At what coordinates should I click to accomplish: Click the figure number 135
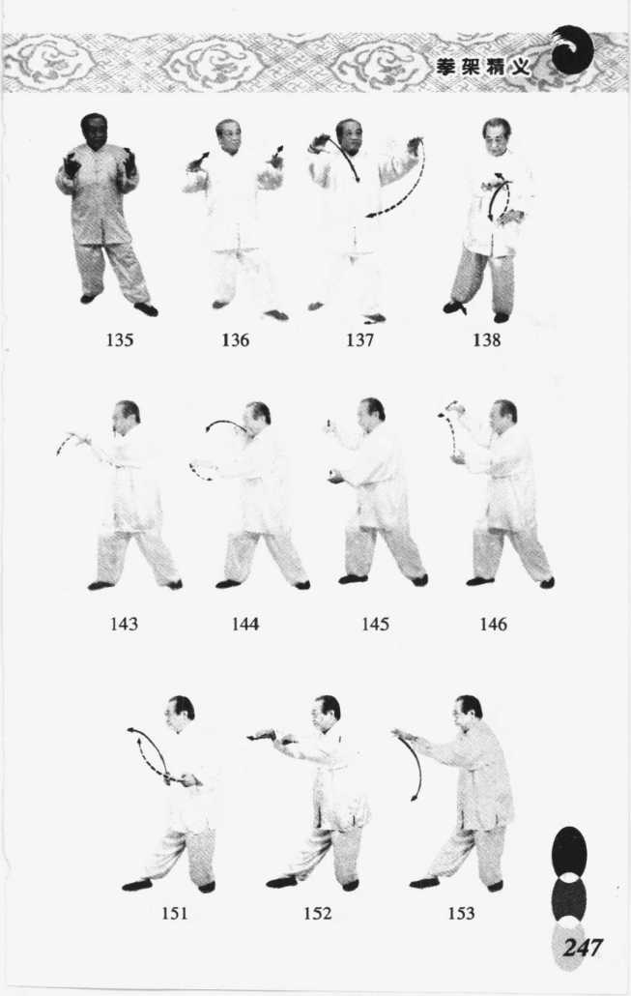[120, 339]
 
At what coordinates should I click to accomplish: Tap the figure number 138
[486, 339]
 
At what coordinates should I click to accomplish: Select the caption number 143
[124, 624]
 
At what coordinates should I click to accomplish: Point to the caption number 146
[493, 625]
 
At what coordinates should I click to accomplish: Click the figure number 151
[174, 913]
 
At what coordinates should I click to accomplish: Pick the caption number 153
[461, 913]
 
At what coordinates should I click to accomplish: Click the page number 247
[582, 948]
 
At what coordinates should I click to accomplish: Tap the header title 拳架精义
[483, 67]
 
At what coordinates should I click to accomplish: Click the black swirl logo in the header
[572, 49]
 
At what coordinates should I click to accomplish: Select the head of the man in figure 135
[94, 131]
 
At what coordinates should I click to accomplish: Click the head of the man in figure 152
[327, 714]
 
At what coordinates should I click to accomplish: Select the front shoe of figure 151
[138, 884]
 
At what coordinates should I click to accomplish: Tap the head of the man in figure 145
[370, 415]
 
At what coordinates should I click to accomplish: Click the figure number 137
[359, 339]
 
